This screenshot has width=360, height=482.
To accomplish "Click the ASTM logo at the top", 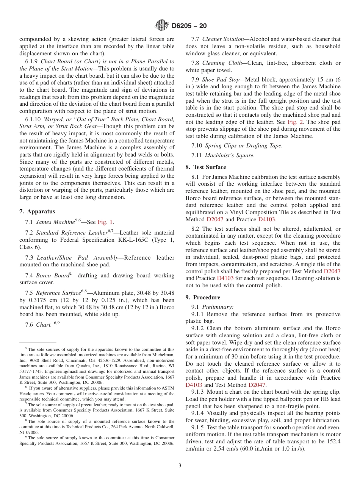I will coord(162,26).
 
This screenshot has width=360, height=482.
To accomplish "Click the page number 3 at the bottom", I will coord(180,465).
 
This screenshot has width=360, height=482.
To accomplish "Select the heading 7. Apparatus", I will coord(37,211).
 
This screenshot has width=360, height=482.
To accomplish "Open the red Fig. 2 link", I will coord(295,122).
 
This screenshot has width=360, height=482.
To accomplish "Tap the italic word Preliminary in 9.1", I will coord(218,307).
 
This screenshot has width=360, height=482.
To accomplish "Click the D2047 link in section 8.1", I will coord(215,219).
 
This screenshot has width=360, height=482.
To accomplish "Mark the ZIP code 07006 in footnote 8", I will coord(32,432).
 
